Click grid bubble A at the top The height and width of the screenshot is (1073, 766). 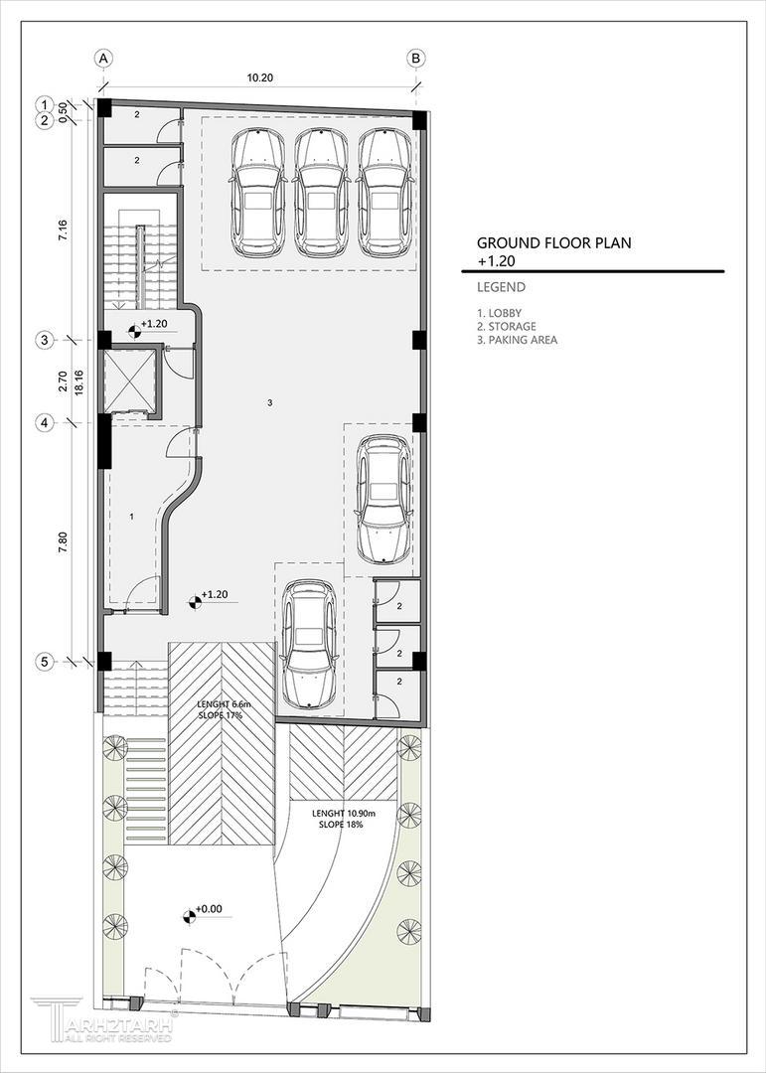pyautogui.click(x=103, y=59)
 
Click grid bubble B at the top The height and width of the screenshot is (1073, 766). pyautogui.click(x=415, y=59)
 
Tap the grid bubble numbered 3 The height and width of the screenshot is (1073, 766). pyautogui.click(x=45, y=340)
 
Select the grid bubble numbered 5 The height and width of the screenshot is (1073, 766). pyautogui.click(x=45, y=662)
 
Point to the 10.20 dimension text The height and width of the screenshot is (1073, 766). pyautogui.click(x=260, y=78)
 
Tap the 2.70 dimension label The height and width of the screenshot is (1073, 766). pyautogui.click(x=63, y=382)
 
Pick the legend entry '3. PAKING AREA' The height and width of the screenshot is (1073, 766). pyautogui.click(x=517, y=340)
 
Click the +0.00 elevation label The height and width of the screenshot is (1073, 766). pyautogui.click(x=209, y=909)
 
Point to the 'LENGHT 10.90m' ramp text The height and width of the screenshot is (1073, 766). pyautogui.click(x=344, y=815)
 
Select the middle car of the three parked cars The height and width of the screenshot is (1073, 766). pyautogui.click(x=320, y=194)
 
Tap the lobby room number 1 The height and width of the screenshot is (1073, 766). pyautogui.click(x=132, y=518)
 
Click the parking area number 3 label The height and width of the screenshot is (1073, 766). pyautogui.click(x=270, y=403)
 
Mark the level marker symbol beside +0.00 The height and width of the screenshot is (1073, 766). pyautogui.click(x=188, y=915)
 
